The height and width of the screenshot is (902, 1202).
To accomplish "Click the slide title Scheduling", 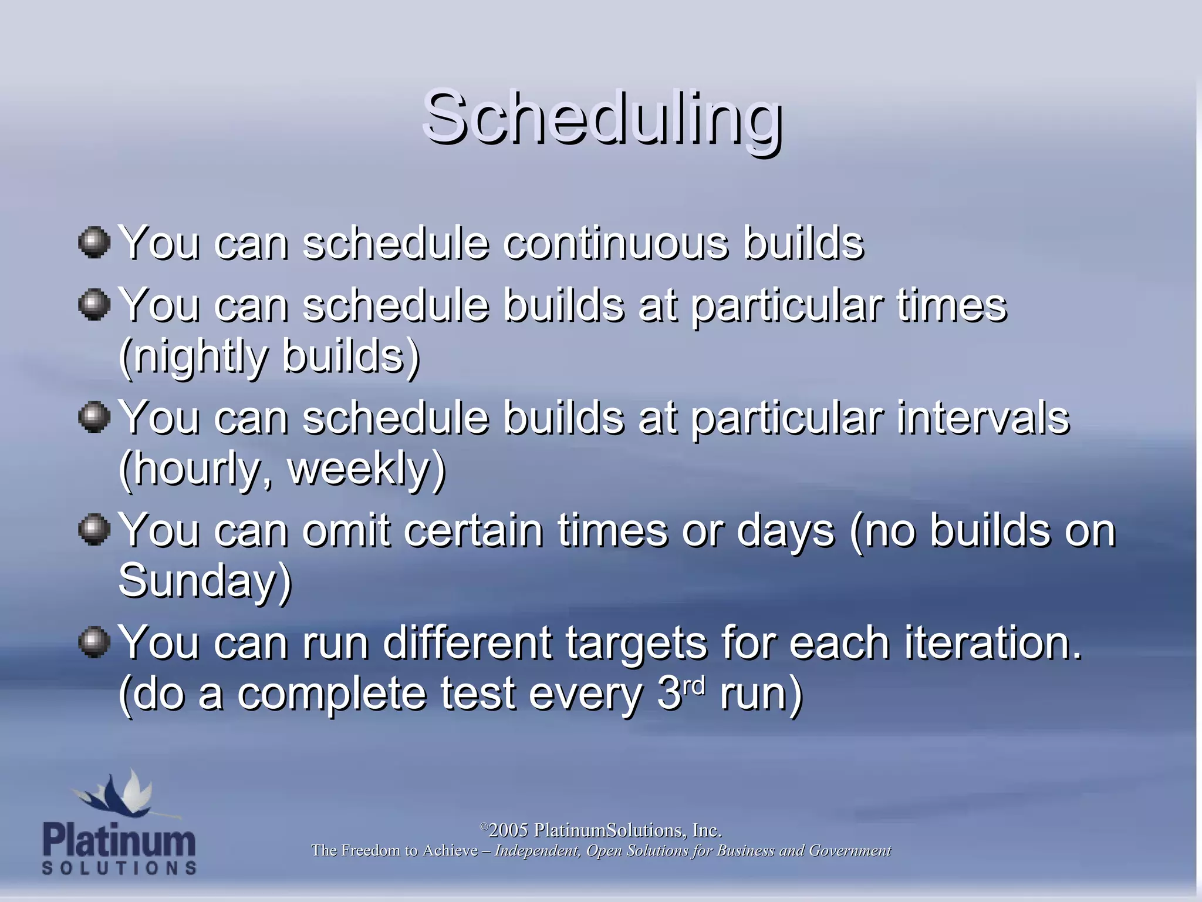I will pos(602,117).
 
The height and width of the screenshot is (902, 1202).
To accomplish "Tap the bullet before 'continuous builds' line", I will pos(94,243).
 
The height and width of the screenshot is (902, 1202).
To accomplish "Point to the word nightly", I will pos(200,357).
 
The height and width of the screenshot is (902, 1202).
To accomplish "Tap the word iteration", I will pos(992,642).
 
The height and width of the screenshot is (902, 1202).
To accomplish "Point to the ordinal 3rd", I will pos(681,693).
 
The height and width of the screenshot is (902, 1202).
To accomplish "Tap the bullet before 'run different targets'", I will pos(94,642).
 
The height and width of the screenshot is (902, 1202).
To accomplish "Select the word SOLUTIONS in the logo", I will pos(119,868).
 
